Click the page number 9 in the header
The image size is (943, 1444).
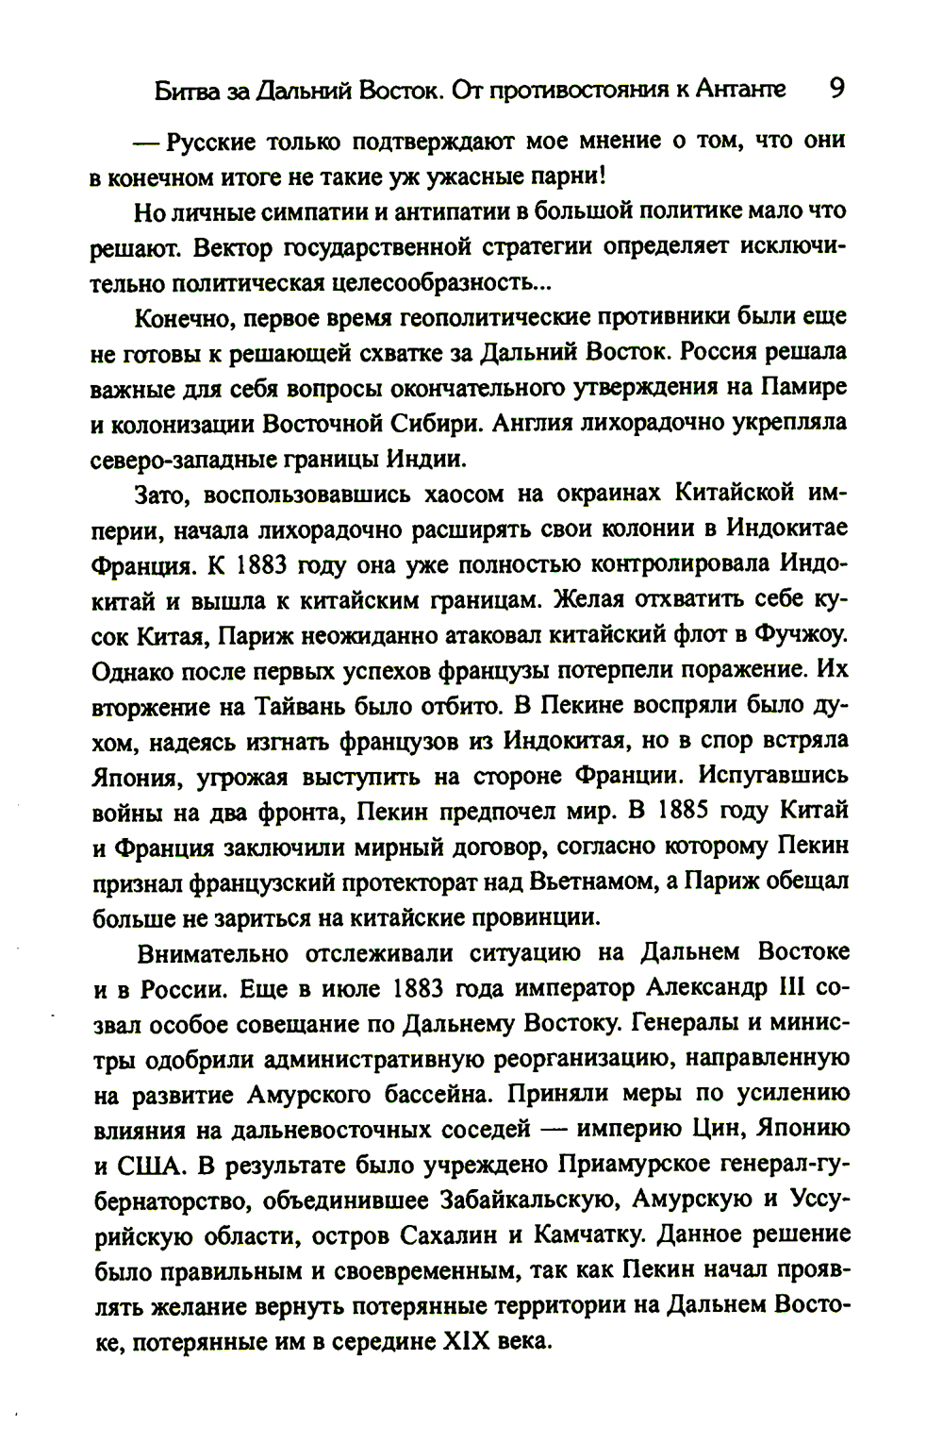(836, 89)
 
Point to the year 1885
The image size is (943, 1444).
(682, 811)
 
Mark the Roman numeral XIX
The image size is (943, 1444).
(466, 1341)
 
